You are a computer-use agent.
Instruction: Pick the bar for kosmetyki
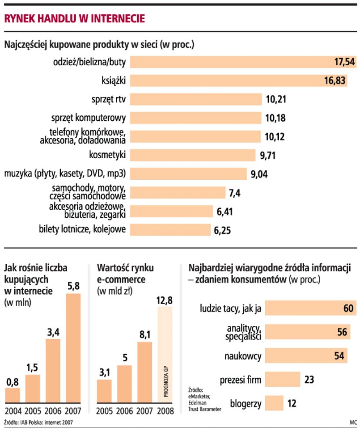click(x=192, y=155)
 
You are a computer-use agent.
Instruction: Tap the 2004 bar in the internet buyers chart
click(x=12, y=395)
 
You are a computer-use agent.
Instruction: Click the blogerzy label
click(x=246, y=403)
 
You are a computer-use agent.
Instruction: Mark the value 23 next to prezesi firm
click(x=309, y=380)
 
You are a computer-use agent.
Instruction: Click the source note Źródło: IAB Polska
click(x=38, y=422)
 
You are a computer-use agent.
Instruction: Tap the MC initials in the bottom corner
click(x=352, y=422)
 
